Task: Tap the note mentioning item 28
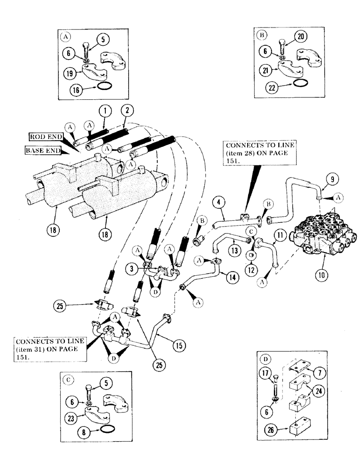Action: tap(260, 153)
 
